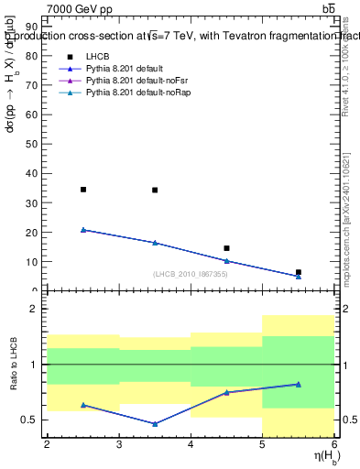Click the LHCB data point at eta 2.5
click(83, 190)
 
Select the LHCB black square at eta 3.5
click(155, 191)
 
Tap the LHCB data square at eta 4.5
click(227, 248)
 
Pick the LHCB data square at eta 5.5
click(299, 272)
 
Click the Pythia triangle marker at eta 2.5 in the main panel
click(83, 230)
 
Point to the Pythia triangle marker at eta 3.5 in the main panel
click(155, 243)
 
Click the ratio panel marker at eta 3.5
click(155, 424)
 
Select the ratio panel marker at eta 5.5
click(299, 384)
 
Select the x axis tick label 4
click(191, 445)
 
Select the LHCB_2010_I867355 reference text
click(191, 274)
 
